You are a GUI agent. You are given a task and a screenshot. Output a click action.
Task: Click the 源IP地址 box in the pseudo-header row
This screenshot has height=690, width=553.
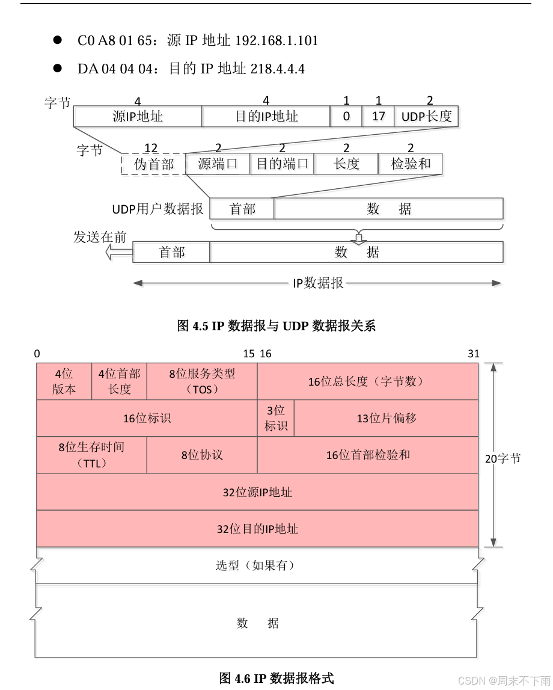point(138,116)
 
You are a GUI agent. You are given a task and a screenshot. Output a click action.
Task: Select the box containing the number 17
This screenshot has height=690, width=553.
point(378,116)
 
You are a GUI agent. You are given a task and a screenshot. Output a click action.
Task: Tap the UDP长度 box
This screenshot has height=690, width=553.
point(426,116)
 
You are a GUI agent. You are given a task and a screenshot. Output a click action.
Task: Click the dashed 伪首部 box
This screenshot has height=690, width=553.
point(154,164)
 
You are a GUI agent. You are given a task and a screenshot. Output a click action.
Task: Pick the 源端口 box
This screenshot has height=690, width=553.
point(218,164)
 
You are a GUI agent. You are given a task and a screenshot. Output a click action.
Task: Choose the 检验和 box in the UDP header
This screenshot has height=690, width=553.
point(411,164)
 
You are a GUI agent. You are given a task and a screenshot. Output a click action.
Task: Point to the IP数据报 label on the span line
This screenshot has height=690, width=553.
point(318,283)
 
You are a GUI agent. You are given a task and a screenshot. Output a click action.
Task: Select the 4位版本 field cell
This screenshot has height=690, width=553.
point(64,381)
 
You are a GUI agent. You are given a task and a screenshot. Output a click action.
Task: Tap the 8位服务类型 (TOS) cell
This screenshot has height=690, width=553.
point(202,381)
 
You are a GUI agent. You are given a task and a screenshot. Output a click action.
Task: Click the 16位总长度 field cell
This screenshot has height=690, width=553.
point(367,381)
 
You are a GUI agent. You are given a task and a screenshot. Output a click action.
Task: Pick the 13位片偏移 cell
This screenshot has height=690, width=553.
point(386,418)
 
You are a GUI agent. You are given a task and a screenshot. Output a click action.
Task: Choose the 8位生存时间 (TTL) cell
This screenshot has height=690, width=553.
point(91,455)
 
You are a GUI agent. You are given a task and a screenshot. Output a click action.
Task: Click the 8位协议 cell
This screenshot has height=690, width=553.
point(202,455)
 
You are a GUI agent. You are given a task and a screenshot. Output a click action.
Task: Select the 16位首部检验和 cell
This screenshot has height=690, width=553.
point(367,455)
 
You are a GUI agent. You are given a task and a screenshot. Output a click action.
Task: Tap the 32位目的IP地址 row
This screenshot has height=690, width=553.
point(257,529)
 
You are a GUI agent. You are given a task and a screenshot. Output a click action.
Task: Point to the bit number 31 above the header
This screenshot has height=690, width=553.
point(474,354)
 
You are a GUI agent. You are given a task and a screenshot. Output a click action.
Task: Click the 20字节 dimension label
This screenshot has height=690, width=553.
point(503,458)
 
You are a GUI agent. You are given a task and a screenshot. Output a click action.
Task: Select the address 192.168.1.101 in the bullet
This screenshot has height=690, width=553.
point(276,41)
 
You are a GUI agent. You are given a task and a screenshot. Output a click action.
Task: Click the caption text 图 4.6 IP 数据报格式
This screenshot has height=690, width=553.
point(276,678)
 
